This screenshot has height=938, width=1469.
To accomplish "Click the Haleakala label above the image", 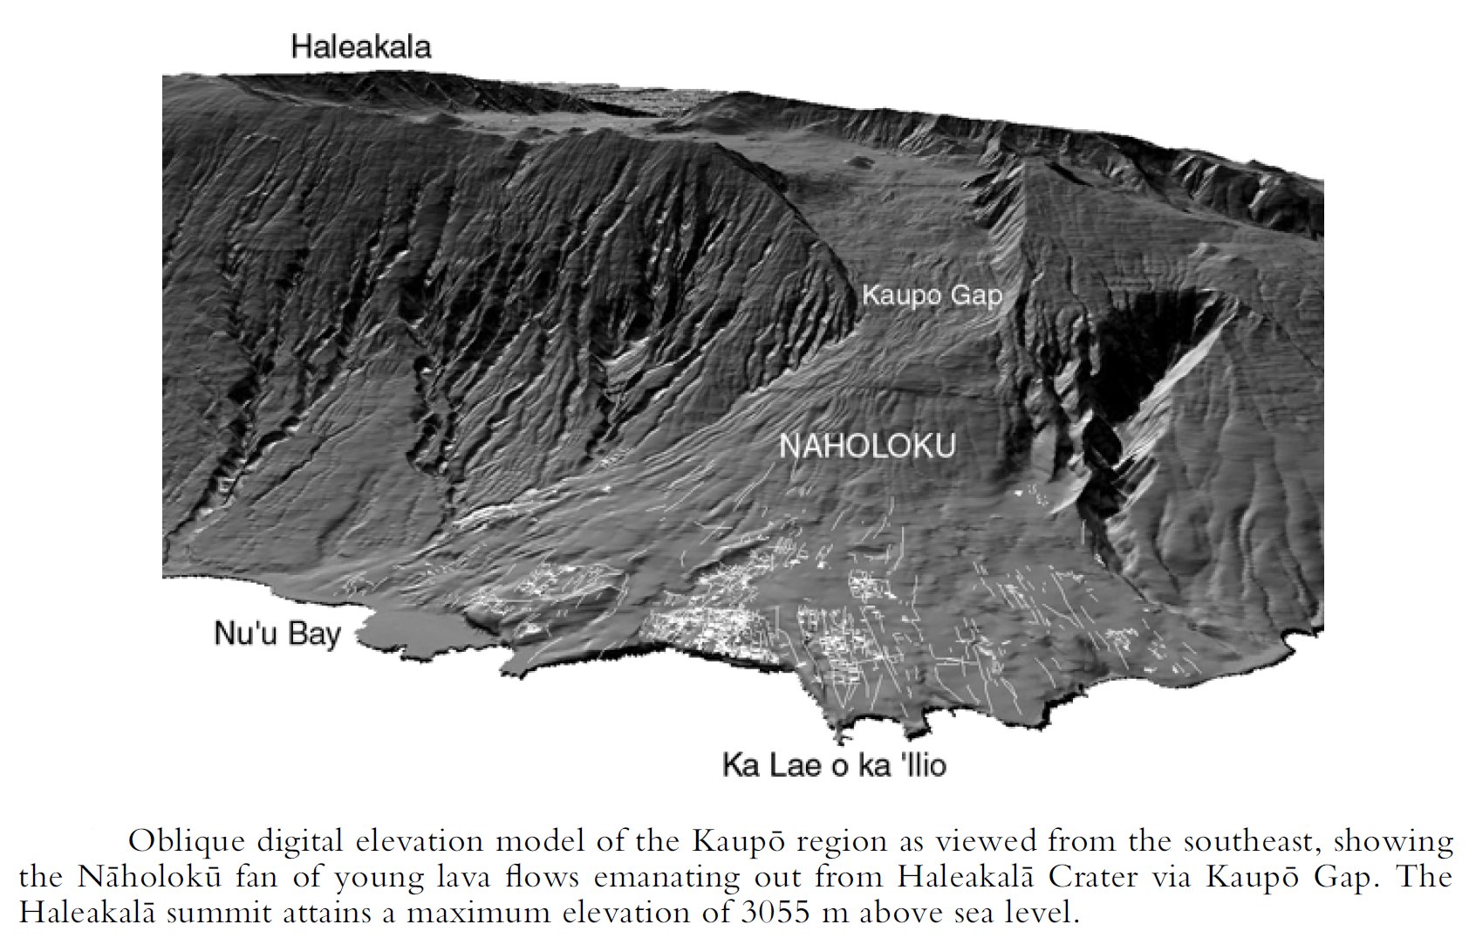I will pos(360,46).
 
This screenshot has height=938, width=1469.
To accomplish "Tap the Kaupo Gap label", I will pos(932,296).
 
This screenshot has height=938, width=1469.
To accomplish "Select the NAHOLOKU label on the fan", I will pos(866,446).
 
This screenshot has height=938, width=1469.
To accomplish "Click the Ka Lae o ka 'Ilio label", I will pos(834,765).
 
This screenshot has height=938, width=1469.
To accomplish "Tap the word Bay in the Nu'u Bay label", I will pos(314,634).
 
